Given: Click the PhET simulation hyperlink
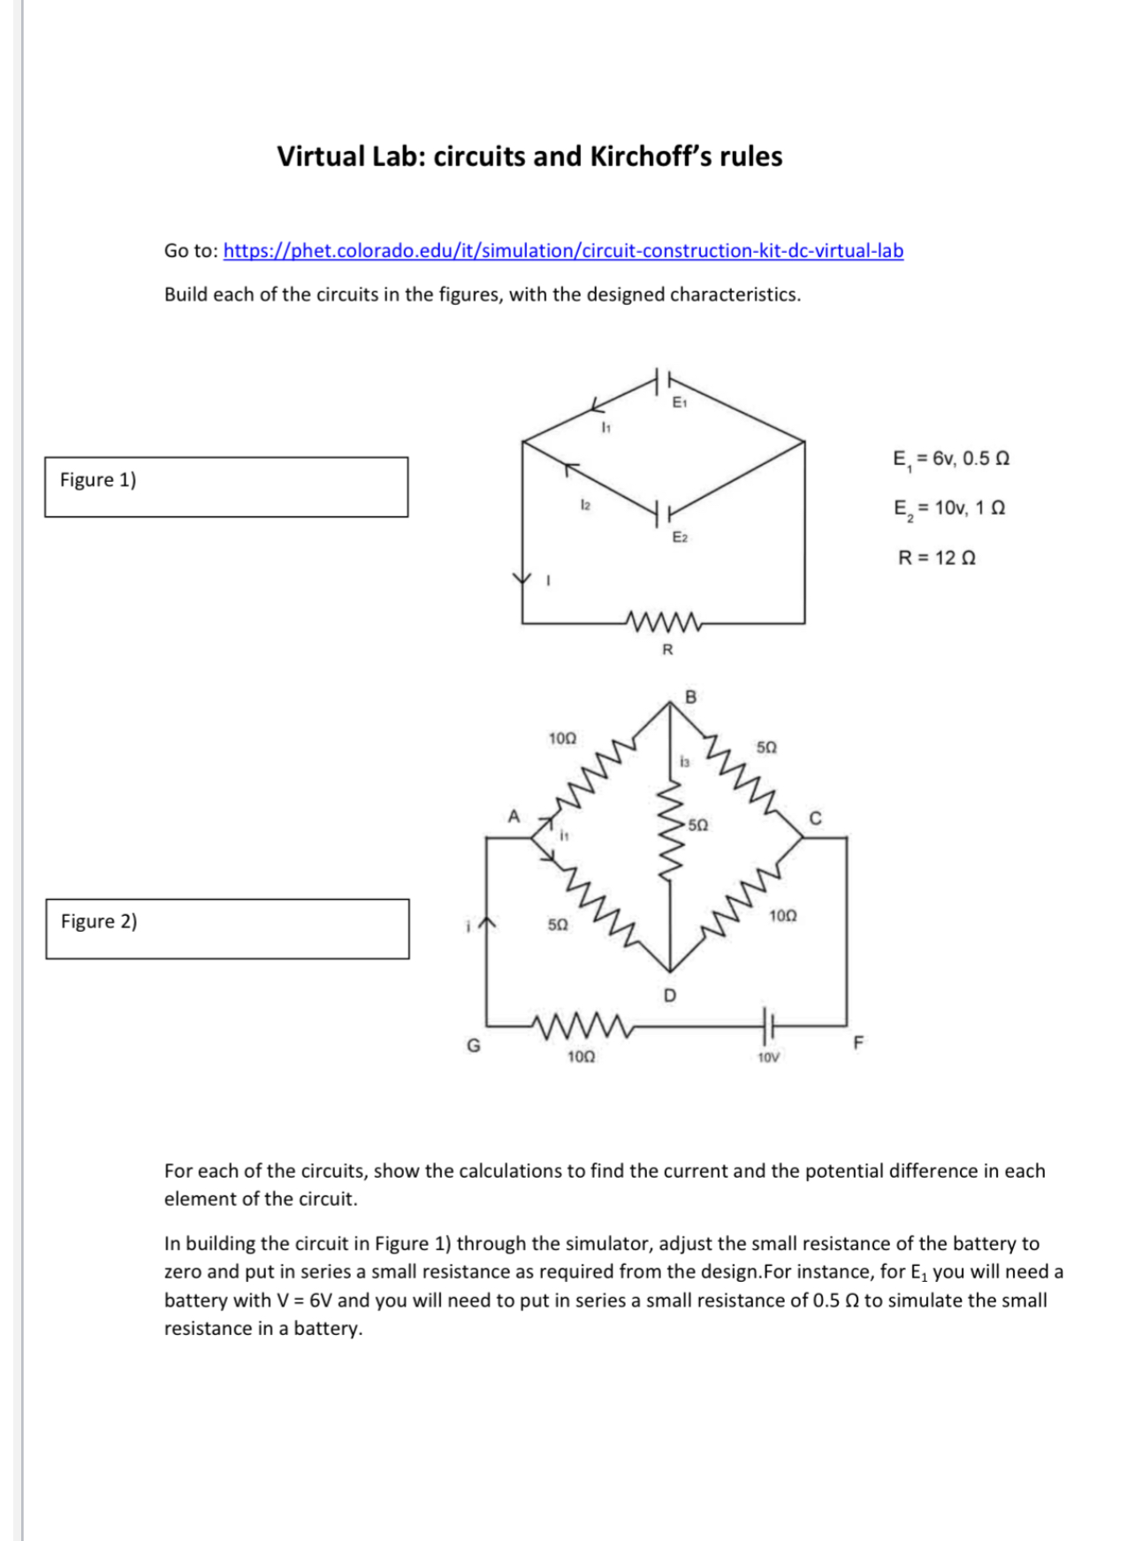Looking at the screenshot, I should coord(563,250).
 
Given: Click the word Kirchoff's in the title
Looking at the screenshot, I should coord(651,156).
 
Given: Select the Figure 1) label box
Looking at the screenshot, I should coord(226,486).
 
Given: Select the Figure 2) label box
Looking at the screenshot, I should coord(227,928).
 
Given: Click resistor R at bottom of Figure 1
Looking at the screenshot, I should coord(663,622).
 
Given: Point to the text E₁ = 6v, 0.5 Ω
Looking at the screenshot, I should coord(951,458).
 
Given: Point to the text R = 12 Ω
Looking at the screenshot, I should coord(937,558).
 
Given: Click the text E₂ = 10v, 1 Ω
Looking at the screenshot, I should coord(949,508).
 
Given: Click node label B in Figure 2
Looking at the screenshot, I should coord(691,697).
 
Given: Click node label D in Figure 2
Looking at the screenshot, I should coord(669,996).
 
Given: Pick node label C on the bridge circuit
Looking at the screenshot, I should coord(815,818).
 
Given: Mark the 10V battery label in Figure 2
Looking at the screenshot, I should coord(768,1057).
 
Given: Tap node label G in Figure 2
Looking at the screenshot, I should coord(474,1046).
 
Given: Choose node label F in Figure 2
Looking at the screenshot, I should coord(857,1042).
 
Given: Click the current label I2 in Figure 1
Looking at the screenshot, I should coord(584,504).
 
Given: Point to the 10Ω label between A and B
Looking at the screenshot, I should coord(562,737).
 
